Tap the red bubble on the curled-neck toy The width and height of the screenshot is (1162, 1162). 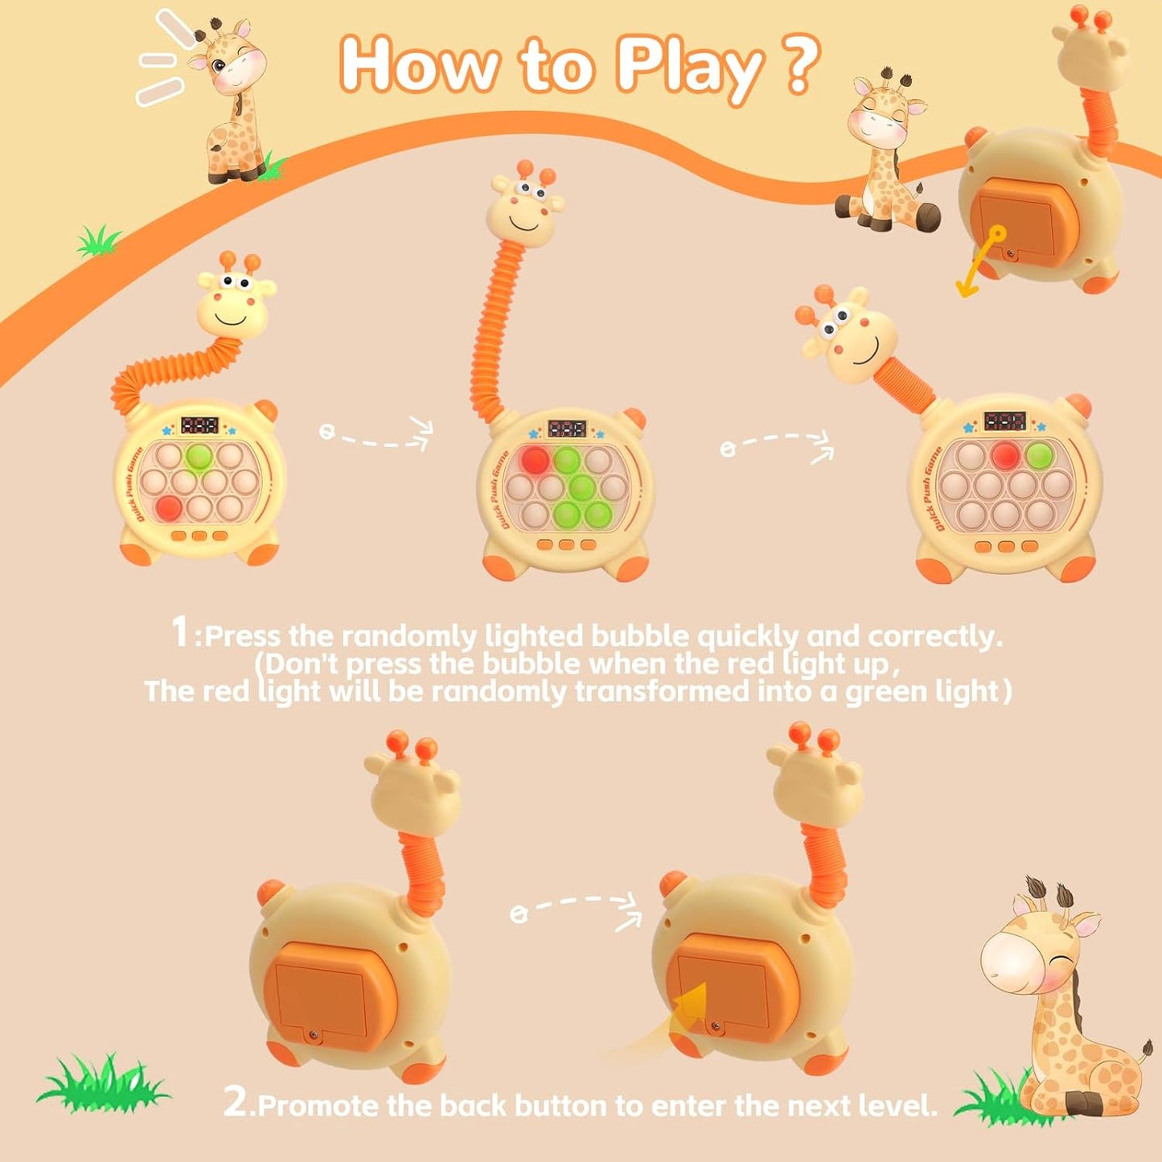168,508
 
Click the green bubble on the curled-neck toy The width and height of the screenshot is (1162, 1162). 198,457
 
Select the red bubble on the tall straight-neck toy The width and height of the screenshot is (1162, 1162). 535,461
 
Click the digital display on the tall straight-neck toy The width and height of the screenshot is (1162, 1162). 567,428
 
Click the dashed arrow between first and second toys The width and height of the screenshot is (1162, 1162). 376,434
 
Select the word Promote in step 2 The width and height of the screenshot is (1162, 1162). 318,1106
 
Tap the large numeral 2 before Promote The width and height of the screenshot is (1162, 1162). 236,1101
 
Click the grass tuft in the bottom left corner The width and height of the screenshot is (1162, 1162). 102,1086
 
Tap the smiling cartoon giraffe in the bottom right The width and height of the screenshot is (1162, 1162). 1061,1005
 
